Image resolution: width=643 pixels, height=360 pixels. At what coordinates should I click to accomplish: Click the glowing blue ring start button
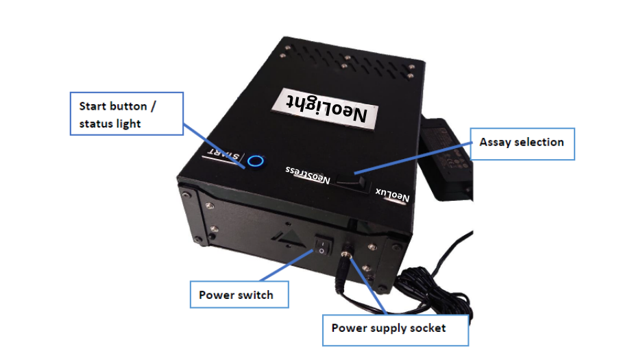[256, 160]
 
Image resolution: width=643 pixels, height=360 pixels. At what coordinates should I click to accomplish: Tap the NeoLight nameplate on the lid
[325, 109]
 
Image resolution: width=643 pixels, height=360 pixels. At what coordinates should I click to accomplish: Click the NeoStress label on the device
[308, 175]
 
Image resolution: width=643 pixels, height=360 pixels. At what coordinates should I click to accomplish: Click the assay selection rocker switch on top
[351, 182]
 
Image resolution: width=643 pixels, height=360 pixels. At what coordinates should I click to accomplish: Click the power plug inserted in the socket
[343, 269]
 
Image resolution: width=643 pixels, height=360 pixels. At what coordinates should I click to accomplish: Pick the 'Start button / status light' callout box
[127, 114]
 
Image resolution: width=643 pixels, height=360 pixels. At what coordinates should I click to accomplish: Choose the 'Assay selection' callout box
[522, 143]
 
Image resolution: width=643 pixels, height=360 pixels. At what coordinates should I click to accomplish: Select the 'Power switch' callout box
[239, 294]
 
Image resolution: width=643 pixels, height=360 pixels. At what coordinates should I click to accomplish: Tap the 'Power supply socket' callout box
[396, 330]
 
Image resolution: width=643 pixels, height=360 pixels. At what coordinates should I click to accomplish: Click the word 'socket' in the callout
[428, 328]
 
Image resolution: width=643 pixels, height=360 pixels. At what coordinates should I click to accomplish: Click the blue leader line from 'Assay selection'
[413, 158]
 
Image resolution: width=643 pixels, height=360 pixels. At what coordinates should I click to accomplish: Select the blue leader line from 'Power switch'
[287, 265]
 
